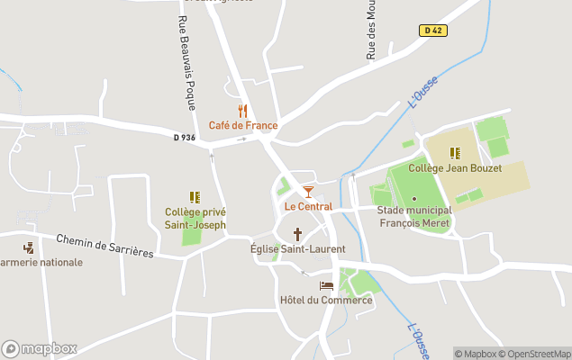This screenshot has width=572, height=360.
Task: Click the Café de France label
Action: coord(243,125)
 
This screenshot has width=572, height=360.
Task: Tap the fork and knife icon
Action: coord(242,111)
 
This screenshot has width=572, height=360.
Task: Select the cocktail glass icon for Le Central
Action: coord(308,192)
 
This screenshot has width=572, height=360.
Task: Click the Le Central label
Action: coord(308,206)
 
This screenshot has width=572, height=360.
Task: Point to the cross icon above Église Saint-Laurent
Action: coord(297,234)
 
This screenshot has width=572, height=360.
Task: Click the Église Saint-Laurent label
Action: coord(297,248)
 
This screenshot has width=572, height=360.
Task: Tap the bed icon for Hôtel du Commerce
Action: coord(326,285)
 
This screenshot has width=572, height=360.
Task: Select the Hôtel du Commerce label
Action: coord(326,300)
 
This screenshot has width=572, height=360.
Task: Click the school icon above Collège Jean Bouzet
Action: coord(455,153)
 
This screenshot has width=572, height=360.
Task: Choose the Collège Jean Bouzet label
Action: coord(455,167)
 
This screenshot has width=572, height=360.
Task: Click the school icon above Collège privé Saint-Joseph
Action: coord(195,197)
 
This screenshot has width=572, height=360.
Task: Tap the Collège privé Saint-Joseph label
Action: coord(195,218)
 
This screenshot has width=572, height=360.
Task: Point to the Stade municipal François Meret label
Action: coord(414,216)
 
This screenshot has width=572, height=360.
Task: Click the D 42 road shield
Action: coord(431,31)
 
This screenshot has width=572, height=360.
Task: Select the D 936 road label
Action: coord(185,137)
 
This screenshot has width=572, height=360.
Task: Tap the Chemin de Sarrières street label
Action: coord(104,246)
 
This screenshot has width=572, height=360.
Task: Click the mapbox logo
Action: coord(39,348)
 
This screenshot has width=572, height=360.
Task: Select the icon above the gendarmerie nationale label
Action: coord(29,247)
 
